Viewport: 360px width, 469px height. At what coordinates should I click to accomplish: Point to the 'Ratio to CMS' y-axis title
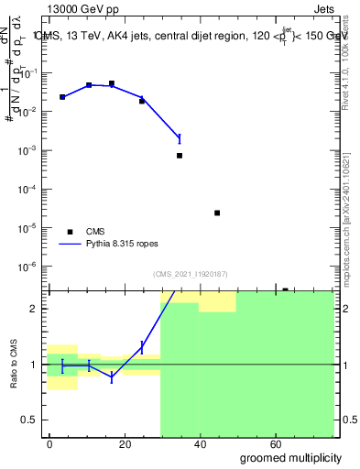pos(15,365)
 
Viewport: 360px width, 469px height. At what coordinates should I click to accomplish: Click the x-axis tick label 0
pos(49,444)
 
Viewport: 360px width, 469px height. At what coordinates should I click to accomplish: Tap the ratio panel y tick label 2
pos(33,309)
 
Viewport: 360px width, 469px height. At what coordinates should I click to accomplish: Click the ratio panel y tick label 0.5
pos(28,420)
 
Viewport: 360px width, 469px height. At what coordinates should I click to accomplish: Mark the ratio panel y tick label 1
pos(33,365)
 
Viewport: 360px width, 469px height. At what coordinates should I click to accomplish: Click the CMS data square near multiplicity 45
pos(217,213)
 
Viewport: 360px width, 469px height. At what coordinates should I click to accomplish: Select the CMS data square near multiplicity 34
pos(180,156)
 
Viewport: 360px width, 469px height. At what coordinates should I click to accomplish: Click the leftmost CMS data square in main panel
pos(62,96)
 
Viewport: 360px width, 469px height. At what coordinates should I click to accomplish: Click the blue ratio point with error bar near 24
pos(142,346)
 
